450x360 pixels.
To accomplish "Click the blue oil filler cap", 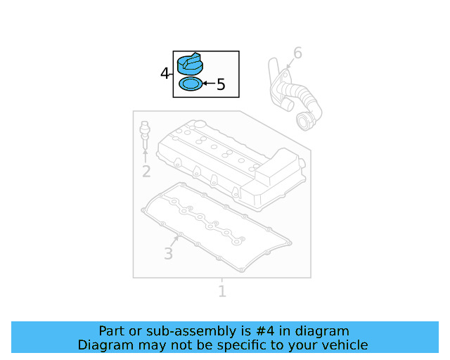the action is point(190,64).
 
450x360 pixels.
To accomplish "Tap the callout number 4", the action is point(165,73).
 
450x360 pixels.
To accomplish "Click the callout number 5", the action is point(221,84).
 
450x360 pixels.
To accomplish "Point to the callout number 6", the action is point(297,53).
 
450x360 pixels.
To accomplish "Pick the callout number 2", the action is point(146,172).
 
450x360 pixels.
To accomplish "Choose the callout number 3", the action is point(169,254).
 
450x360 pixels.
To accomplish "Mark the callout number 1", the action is point(222,291).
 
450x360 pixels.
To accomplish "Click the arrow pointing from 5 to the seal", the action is point(209,84).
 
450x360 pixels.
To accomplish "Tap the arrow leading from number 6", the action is point(290,64).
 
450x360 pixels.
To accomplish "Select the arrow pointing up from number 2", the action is point(146,156).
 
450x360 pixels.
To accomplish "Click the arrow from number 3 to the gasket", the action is point(175,242).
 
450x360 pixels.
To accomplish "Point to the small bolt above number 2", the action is point(145,135).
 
